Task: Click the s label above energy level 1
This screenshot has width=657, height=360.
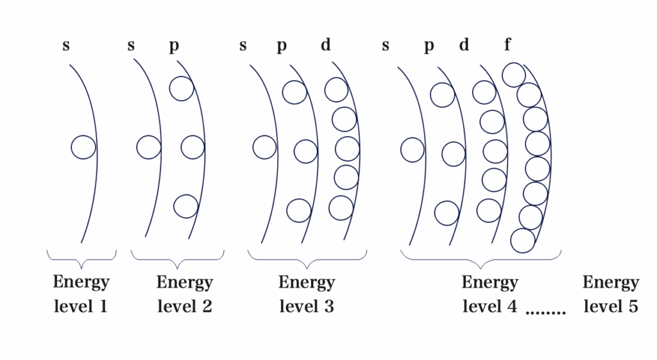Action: (x=66, y=46)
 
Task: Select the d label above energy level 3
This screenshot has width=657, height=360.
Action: (x=327, y=46)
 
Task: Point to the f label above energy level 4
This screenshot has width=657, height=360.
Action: (x=508, y=45)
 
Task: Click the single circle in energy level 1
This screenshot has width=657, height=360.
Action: (x=83, y=148)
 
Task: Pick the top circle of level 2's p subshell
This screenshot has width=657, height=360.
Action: (x=182, y=89)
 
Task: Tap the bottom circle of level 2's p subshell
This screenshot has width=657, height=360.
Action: (x=185, y=207)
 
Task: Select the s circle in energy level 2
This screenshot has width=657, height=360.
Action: (x=149, y=148)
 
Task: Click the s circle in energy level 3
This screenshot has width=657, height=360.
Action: (x=264, y=147)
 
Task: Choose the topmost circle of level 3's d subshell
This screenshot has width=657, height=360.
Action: (x=336, y=90)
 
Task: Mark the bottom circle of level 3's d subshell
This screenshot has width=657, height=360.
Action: (x=341, y=208)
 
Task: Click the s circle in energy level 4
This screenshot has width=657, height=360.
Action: (x=413, y=150)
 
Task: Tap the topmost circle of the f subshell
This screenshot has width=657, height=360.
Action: (x=514, y=74)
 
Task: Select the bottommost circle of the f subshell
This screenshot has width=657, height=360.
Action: (x=523, y=241)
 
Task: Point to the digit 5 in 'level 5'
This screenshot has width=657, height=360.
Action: (x=633, y=307)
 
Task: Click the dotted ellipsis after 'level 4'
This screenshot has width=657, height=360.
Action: (x=546, y=313)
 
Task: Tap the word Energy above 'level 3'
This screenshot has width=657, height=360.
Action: (x=306, y=283)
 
